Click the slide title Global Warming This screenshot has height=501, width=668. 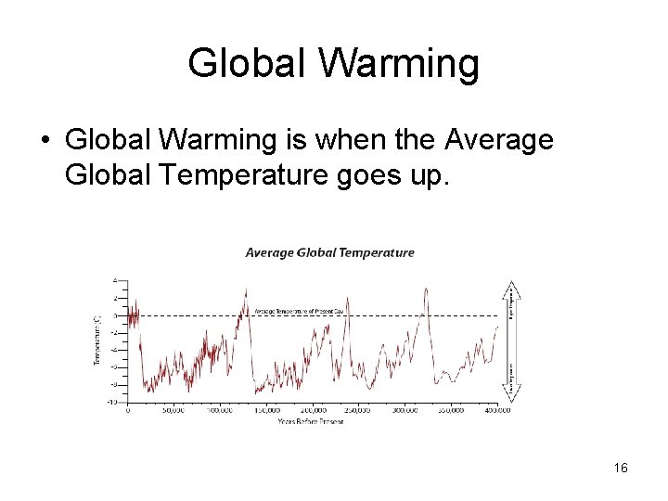tap(334, 63)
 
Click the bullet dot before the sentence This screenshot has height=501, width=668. tap(44, 141)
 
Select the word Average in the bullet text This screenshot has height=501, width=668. tap(499, 140)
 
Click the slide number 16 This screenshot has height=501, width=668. tap(621, 469)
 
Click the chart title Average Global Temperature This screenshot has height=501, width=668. tap(329, 252)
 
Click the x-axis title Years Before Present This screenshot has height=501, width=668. tap(310, 422)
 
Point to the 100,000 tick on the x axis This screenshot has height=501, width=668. tap(220, 409)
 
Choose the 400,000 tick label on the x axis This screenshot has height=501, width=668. tap(496, 409)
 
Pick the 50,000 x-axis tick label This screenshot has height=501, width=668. tap(173, 409)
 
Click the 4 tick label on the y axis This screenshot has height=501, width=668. tap(115, 280)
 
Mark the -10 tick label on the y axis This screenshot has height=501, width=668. tap(111, 402)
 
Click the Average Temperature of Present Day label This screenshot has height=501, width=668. tap(299, 312)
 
